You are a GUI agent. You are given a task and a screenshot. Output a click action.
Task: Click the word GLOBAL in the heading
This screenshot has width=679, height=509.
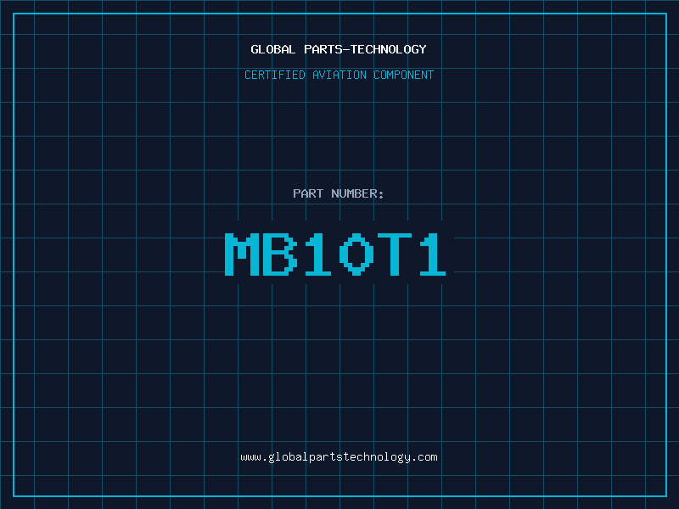(272, 49)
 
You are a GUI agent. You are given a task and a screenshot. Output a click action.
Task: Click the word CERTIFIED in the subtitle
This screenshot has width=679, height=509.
(275, 75)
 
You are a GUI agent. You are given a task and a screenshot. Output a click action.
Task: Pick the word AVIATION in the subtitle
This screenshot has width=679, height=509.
(339, 75)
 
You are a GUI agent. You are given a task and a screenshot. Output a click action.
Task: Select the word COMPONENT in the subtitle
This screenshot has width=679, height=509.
(404, 75)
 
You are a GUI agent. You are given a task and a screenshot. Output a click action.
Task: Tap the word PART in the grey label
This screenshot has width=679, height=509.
(308, 193)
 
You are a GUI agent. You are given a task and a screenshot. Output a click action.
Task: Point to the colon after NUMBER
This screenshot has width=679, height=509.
(381, 195)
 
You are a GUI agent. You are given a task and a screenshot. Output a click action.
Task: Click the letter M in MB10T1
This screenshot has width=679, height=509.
(242, 254)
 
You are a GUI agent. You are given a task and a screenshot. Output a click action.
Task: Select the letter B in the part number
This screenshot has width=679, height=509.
(280, 254)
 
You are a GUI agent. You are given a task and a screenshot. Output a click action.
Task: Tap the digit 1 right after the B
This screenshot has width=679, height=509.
(317, 254)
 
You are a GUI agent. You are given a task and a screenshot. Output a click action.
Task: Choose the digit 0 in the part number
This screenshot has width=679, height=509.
(356, 254)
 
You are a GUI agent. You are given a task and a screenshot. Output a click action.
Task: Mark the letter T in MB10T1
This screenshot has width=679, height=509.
(394, 254)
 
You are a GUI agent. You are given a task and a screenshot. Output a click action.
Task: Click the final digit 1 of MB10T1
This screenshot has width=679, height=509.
(432, 254)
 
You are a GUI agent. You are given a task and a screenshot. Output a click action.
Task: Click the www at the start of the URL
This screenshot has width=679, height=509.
(250, 457)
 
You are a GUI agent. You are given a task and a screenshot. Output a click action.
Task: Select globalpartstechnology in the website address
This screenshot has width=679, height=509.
(339, 457)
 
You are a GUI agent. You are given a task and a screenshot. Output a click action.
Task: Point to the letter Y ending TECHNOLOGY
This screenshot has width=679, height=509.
(423, 49)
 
